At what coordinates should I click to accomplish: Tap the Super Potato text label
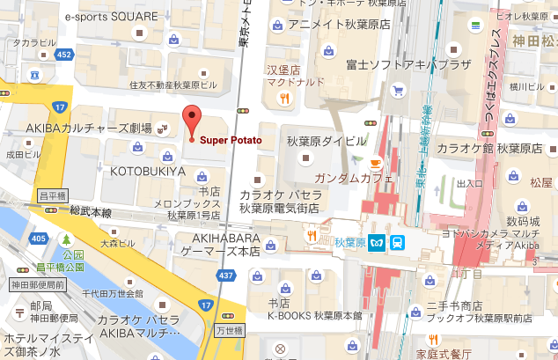point(230,139)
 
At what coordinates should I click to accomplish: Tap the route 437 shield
point(226,276)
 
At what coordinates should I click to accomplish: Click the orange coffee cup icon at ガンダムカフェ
point(375,163)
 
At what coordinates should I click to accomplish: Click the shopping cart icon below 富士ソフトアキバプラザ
point(397,89)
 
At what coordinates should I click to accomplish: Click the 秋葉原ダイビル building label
point(326,141)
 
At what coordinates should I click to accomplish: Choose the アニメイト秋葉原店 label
point(338,25)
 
